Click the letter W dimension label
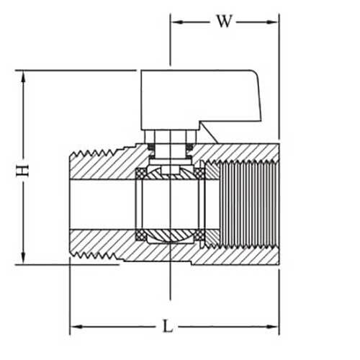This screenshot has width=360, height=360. point(225,21)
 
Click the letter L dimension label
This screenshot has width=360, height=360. point(168,326)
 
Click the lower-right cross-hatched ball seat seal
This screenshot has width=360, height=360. point(199,235)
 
